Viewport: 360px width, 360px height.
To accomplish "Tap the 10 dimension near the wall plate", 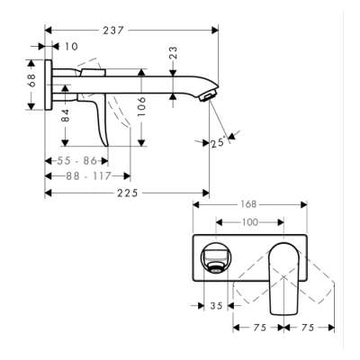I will pos(71,45).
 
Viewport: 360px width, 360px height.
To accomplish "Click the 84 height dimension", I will pos(65,115).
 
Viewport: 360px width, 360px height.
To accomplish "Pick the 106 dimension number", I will pos(141,105).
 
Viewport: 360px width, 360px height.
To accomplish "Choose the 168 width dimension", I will pos(249,205).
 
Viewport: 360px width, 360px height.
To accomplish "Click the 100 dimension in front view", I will pos(249,221).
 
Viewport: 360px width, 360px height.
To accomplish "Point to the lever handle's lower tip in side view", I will pos(106,143).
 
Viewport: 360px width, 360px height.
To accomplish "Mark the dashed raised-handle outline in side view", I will pos(93,70).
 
